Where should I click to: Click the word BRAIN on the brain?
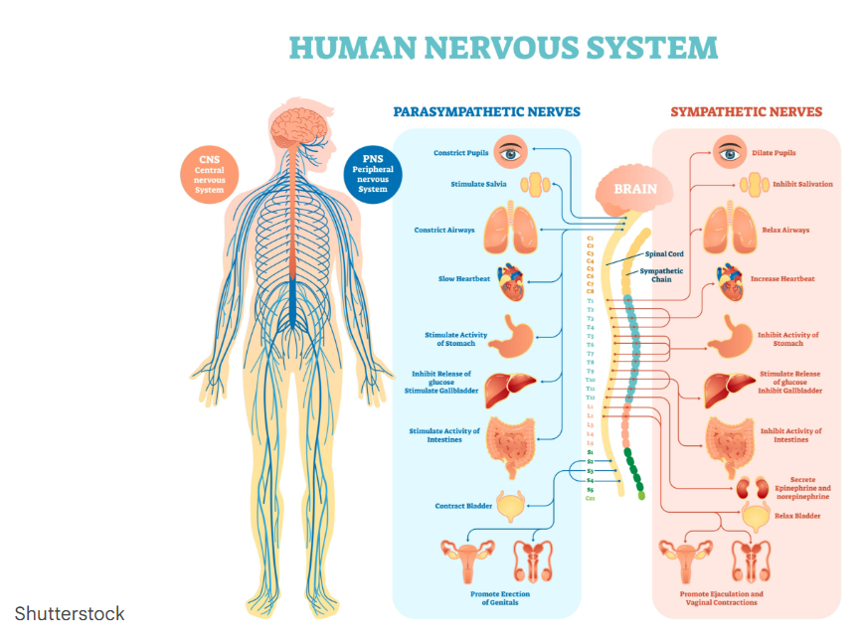click(x=635, y=188)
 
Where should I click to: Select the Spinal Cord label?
click(x=664, y=253)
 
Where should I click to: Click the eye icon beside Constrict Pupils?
click(x=510, y=153)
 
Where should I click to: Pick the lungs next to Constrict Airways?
click(x=511, y=229)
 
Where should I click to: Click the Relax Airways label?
click(x=785, y=231)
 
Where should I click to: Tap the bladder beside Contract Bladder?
click(x=512, y=507)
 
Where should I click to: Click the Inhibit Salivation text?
click(x=802, y=184)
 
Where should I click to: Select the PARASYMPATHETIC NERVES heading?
click(x=486, y=112)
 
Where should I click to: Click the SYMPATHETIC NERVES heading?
click(x=746, y=112)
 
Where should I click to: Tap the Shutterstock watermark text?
click(x=70, y=613)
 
